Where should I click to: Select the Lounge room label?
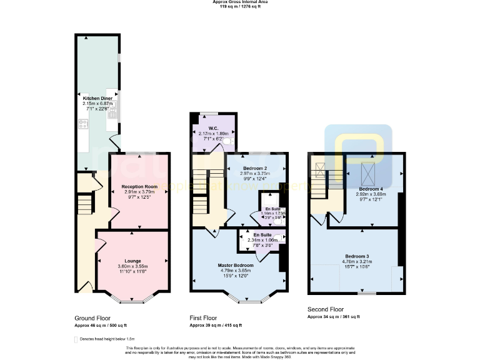point(132,261)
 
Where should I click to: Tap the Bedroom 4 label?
point(371,188)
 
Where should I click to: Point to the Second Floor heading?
point(325,309)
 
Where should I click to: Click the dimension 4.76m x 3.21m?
point(356,261)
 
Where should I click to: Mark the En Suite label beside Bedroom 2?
point(273,209)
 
